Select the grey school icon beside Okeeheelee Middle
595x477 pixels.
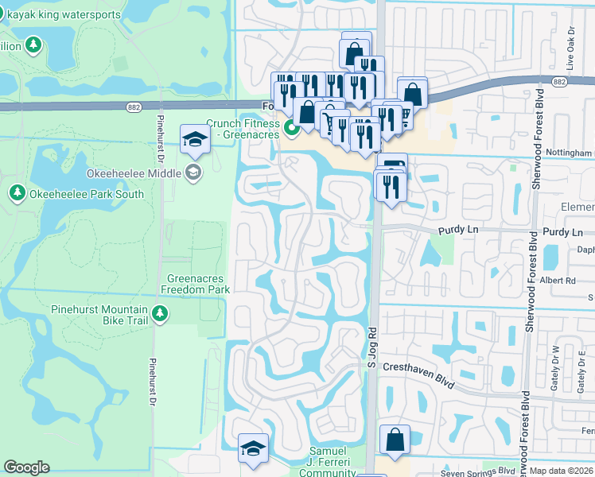193,172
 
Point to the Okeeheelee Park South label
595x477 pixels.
87,193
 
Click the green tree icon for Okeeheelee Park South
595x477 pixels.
17,192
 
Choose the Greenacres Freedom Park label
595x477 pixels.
198,284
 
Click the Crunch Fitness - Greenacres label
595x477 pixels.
243,129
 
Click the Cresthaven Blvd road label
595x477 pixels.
418,374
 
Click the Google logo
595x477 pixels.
27,467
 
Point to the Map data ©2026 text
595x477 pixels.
562,471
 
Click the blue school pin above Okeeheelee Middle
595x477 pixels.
193,141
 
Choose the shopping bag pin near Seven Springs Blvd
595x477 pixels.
395,439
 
